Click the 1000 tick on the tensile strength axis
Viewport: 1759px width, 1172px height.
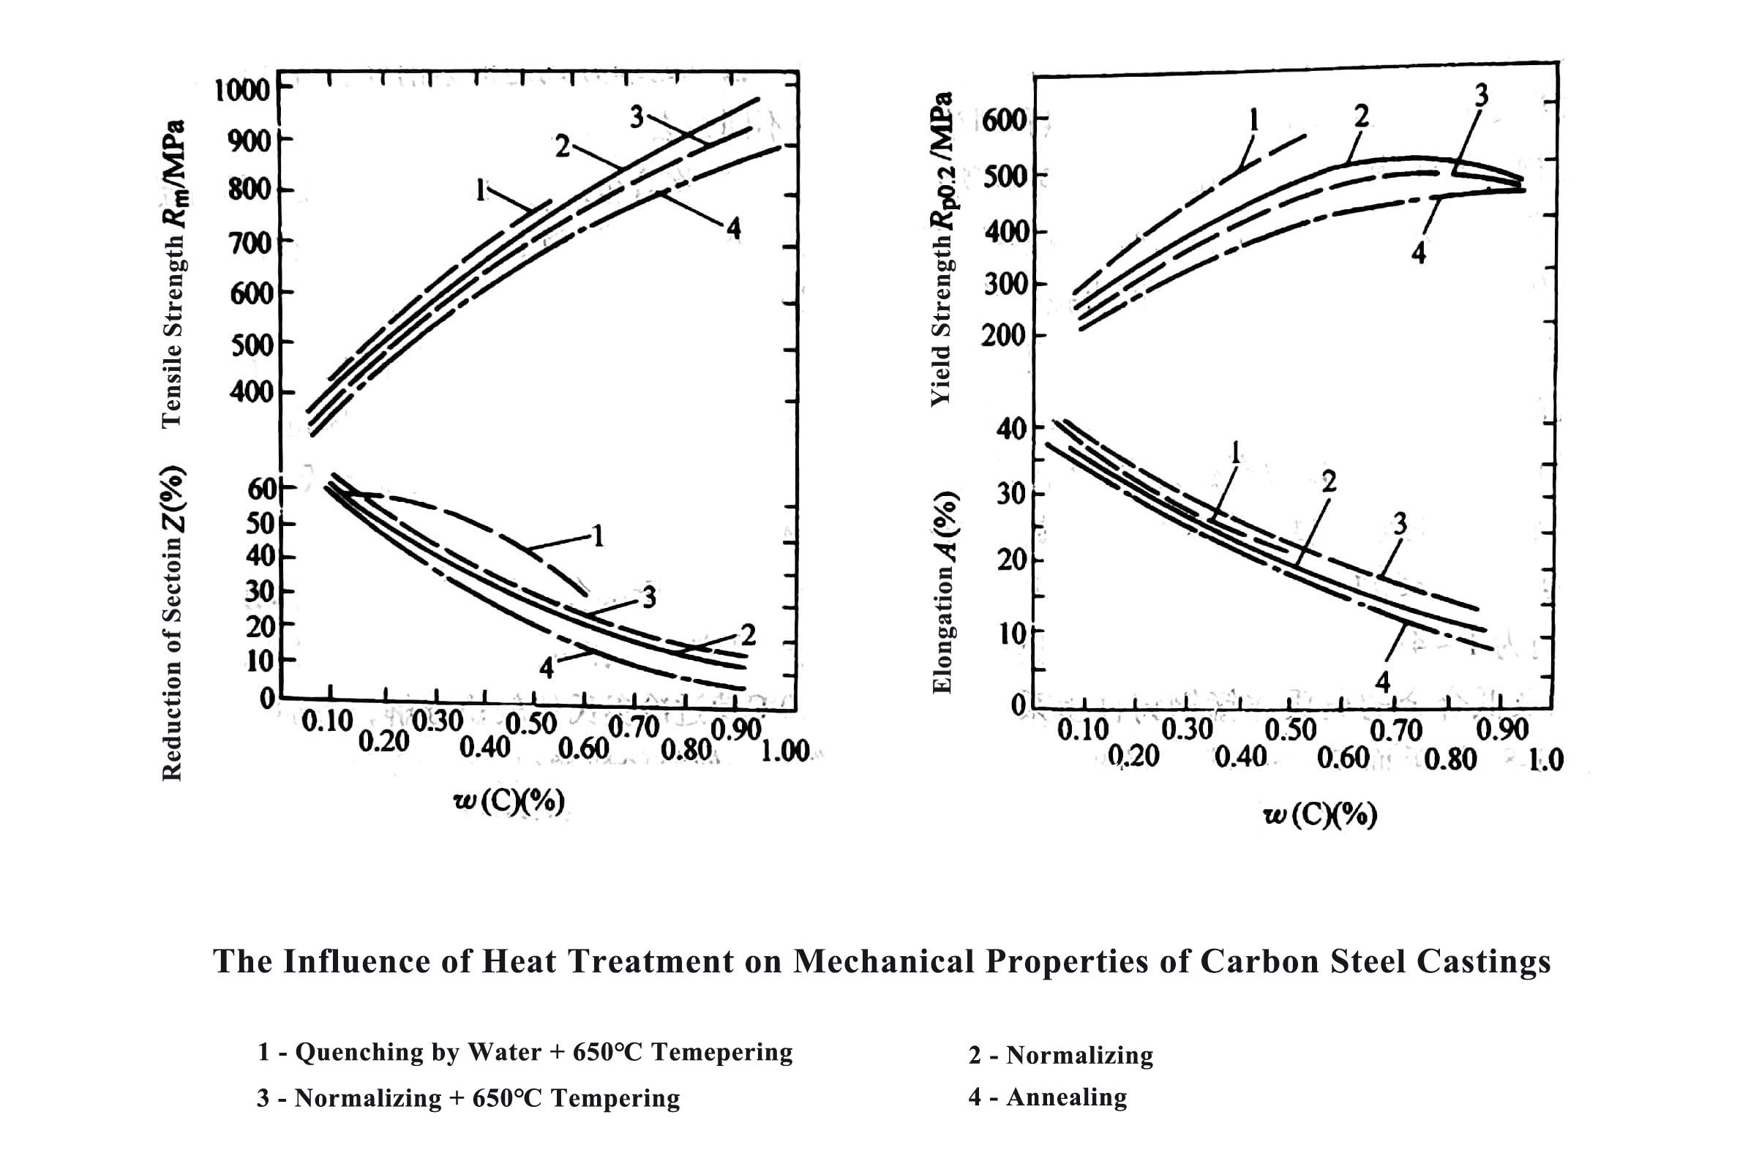tap(241, 91)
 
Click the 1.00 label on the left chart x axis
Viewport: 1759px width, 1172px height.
tap(784, 750)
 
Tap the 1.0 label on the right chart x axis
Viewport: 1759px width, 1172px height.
tap(1544, 759)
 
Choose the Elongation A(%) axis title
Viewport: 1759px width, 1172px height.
tap(943, 592)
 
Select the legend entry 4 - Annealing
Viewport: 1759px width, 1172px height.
tap(1047, 1097)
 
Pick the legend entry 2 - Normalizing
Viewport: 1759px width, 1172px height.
tap(1060, 1056)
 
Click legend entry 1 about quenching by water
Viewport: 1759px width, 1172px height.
tap(524, 1053)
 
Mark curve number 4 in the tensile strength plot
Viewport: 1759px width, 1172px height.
tap(733, 229)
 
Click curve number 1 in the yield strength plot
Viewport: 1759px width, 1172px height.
tap(1253, 119)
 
